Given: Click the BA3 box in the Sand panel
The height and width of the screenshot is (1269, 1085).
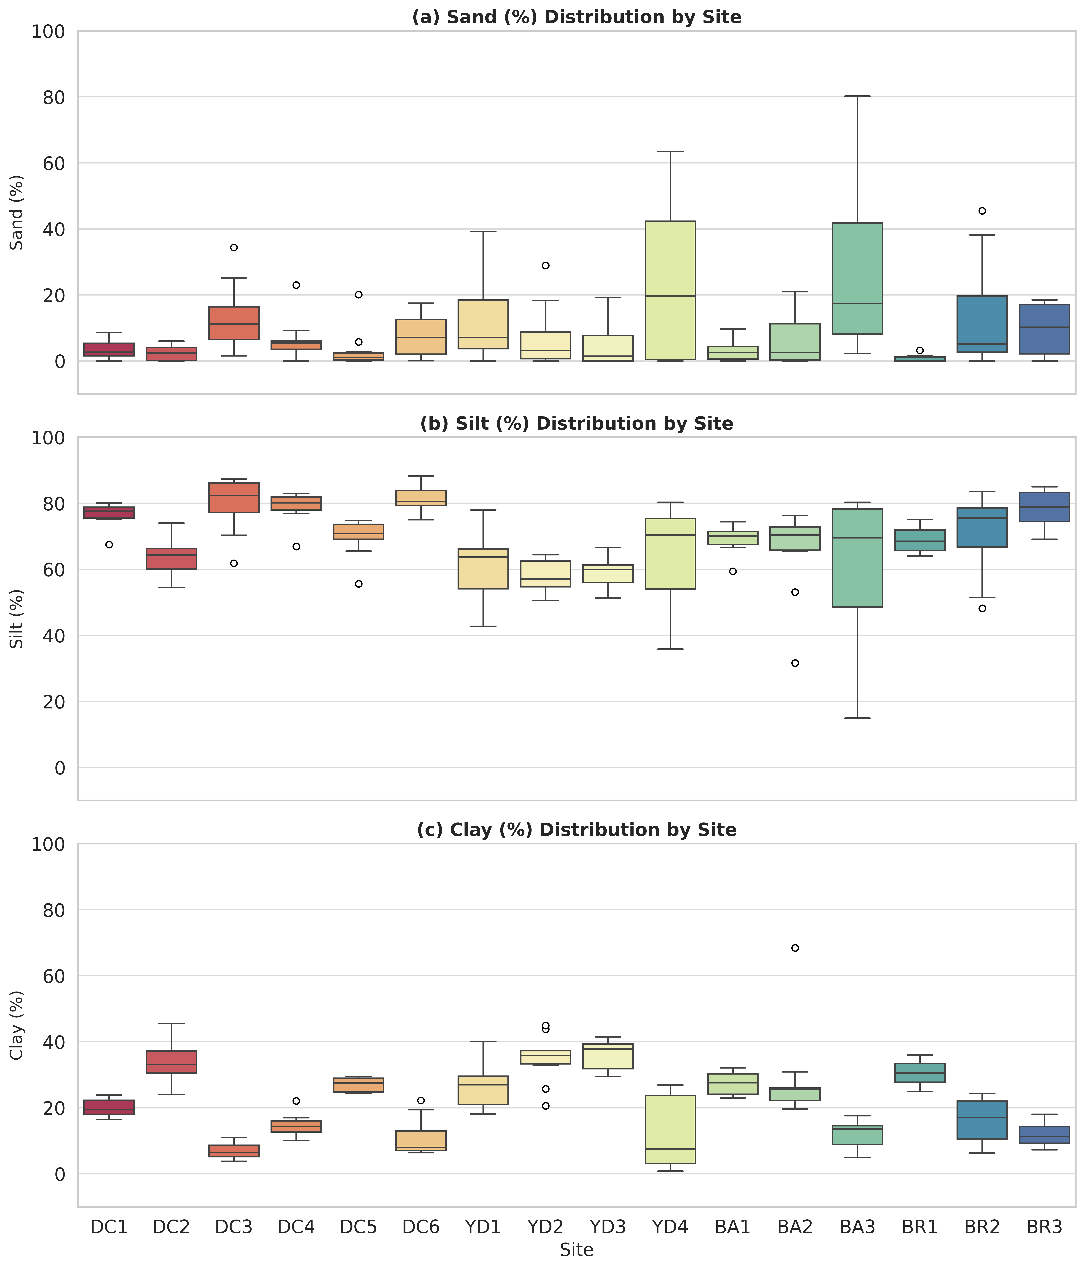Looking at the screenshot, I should pos(857,279).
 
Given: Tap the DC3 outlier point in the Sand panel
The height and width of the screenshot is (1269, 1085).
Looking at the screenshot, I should pos(234,247).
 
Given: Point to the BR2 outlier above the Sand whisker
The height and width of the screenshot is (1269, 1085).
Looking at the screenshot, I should pos(982,211).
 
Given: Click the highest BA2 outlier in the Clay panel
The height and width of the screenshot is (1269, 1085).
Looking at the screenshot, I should pos(795,948).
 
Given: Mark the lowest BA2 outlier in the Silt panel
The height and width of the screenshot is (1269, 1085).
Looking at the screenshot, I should pos(795,663).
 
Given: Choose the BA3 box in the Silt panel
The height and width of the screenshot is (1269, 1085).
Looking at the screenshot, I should pos(857,558).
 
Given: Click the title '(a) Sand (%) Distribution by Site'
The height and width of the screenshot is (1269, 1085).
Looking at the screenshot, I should pos(576,17).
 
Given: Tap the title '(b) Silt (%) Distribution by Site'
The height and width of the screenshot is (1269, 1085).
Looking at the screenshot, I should pos(576,424).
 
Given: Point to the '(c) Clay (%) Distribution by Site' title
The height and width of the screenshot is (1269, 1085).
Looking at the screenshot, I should pos(576,830).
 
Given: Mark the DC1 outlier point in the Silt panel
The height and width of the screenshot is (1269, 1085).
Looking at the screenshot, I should pos(109,545).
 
